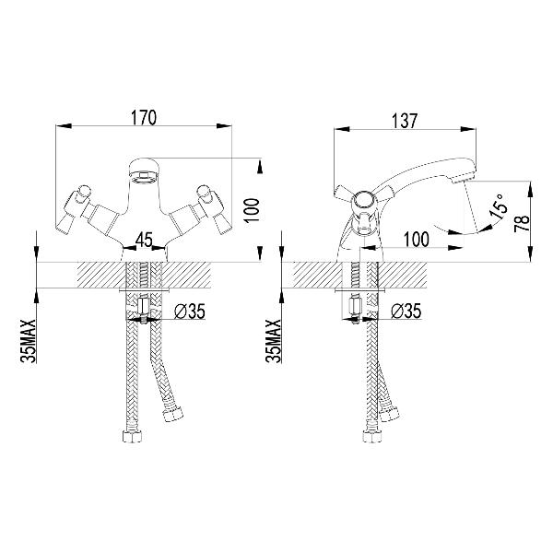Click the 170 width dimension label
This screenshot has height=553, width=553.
point(144,117)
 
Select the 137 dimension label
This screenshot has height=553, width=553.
point(405,121)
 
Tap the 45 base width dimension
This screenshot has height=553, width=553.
point(145,241)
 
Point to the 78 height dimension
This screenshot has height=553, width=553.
point(522,223)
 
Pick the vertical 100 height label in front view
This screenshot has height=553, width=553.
point(253,210)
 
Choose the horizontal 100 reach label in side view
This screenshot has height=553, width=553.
point(417,240)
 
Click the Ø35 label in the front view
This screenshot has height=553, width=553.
point(190,312)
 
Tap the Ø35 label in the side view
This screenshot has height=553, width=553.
point(406,312)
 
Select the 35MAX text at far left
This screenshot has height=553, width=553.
point(29,341)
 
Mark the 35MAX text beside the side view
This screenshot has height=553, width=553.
point(274,341)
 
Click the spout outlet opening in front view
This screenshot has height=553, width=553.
point(144,175)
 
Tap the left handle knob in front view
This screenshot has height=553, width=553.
point(84,192)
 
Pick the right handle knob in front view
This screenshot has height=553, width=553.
point(205,192)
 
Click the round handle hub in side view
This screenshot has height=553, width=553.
point(363,203)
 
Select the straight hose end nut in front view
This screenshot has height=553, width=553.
point(134,436)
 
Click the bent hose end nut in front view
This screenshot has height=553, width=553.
point(174,414)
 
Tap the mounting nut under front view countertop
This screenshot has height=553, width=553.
point(145,307)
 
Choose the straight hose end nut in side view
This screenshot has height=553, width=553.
point(371,436)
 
